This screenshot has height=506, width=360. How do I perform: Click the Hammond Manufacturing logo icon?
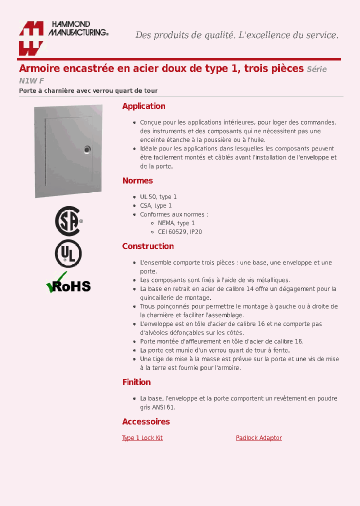(31, 38)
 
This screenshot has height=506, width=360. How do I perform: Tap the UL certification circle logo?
(68, 254)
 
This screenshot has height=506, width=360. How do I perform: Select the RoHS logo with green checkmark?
(68, 283)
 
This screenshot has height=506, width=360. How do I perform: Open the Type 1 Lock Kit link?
(142, 438)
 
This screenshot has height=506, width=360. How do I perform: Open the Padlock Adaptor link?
(258, 438)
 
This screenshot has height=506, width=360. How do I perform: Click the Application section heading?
(143, 106)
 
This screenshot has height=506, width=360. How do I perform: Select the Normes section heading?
(137, 180)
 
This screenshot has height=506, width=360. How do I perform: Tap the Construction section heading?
(148, 246)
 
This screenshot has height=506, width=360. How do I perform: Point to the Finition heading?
(136, 382)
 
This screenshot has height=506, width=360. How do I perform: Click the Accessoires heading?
(146, 421)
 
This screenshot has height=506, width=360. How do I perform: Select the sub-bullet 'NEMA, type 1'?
(176, 223)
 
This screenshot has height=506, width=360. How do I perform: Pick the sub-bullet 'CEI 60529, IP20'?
(180, 232)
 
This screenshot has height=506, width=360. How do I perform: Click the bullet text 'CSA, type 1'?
(156, 205)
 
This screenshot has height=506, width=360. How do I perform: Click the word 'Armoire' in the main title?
(40, 68)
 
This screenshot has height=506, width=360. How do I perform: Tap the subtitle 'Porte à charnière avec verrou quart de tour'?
(88, 90)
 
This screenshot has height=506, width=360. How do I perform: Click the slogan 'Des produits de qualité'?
(185, 35)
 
